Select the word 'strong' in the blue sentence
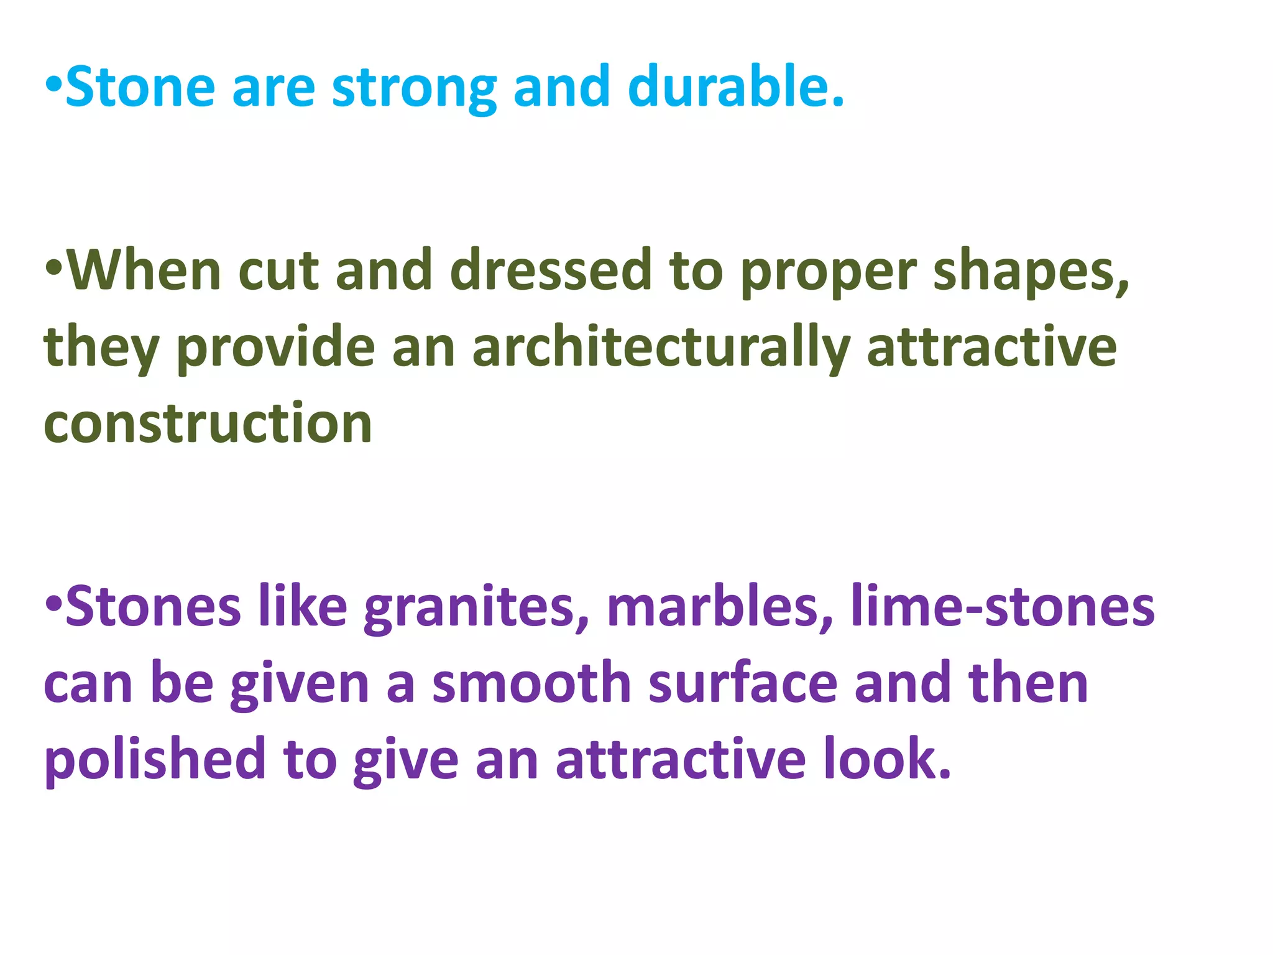[x=414, y=88]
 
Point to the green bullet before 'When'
[x=54, y=267]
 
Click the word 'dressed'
[x=551, y=270]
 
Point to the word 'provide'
[x=276, y=348]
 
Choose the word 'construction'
[x=208, y=424]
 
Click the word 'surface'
[x=743, y=683]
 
